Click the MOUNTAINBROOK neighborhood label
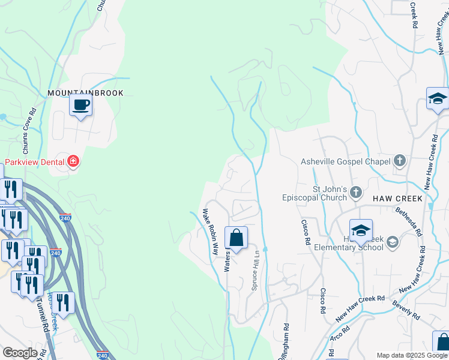(85, 93)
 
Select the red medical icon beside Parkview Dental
(73, 161)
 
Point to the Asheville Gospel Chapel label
(346, 161)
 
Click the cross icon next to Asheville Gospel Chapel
(400, 161)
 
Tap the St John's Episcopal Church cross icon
(356, 193)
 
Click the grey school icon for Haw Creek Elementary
(393, 242)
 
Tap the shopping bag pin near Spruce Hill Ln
(237, 238)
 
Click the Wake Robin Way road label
(209, 232)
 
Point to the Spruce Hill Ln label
(255, 271)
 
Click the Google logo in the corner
(20, 353)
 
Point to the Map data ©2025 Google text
(412, 355)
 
